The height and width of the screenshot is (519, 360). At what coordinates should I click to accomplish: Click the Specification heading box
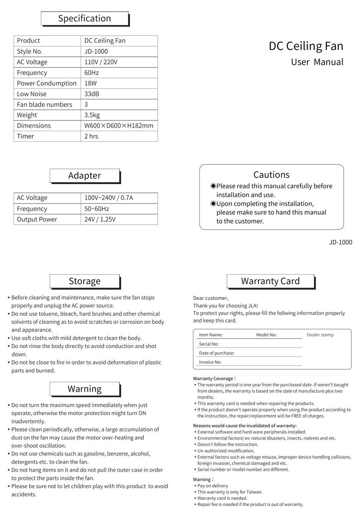click(85, 19)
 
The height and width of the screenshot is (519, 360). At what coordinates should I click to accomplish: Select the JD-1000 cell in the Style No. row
click(96, 52)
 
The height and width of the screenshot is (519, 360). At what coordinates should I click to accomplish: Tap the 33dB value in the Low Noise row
click(92, 94)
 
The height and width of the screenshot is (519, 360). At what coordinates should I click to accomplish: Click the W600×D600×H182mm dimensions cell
click(119, 126)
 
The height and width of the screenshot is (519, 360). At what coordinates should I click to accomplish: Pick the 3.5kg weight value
click(92, 115)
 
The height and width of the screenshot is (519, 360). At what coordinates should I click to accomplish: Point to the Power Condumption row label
click(47, 83)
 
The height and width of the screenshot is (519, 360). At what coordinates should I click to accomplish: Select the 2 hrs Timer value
click(91, 136)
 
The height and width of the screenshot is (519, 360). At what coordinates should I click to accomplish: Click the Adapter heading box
click(85, 176)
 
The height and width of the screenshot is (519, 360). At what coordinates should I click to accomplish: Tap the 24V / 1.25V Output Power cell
click(100, 219)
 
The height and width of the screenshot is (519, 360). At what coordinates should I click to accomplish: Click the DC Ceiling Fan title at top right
click(306, 46)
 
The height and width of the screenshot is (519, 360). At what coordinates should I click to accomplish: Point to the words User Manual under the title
click(317, 62)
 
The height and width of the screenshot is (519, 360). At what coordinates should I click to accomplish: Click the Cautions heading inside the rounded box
click(271, 175)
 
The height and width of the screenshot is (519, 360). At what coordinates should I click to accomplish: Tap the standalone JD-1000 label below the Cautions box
click(340, 242)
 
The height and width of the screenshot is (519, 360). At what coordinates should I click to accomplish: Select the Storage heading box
click(85, 281)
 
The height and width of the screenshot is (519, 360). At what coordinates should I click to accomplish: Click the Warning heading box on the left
click(85, 389)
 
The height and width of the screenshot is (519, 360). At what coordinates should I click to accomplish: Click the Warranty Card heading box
click(270, 281)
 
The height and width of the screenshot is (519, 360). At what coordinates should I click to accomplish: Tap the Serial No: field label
click(209, 344)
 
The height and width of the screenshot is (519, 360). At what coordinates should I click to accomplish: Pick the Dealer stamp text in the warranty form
click(320, 335)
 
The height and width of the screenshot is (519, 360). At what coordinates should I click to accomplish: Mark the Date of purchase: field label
click(216, 353)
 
